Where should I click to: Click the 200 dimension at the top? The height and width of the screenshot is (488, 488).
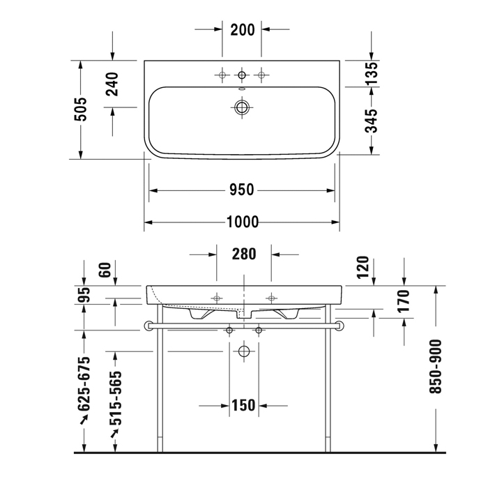click(243, 30)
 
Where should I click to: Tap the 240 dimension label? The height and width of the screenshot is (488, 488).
click(112, 84)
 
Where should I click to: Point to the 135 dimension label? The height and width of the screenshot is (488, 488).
click(372, 73)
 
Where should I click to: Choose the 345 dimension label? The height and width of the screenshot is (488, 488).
click(371, 121)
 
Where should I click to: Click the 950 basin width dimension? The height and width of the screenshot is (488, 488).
click(242, 190)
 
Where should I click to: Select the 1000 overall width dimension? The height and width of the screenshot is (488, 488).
click(243, 222)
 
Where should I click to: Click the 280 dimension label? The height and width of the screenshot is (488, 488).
click(244, 254)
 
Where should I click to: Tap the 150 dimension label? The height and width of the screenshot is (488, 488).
click(243, 405)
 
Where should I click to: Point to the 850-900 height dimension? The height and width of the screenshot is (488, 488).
click(436, 367)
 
